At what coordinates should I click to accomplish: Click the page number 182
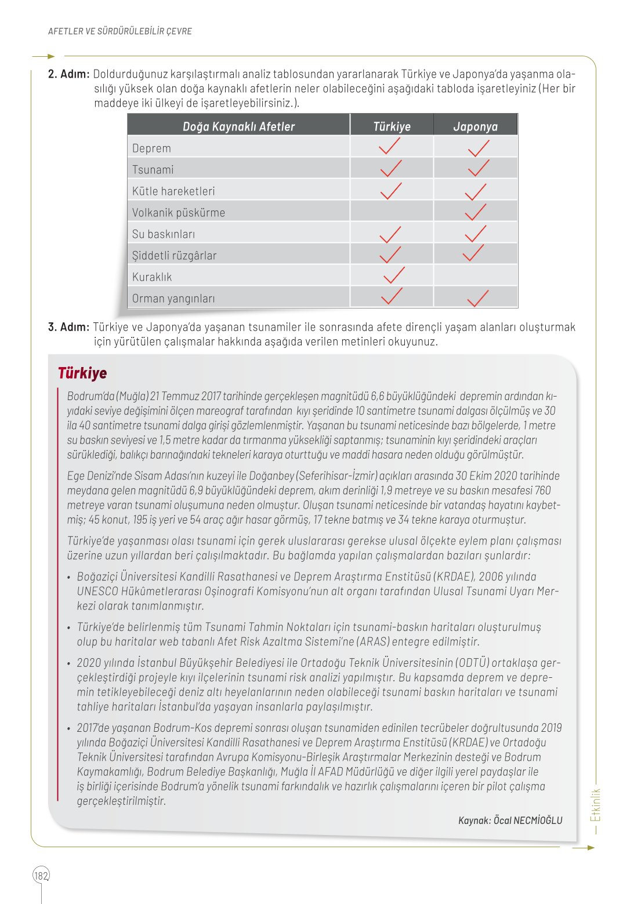point(41,876)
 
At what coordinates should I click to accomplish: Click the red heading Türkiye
point(82,373)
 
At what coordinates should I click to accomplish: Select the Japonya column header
point(475,126)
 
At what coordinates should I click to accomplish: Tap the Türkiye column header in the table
point(392,126)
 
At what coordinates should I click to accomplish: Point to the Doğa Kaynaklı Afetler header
point(238,126)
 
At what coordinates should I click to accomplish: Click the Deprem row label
point(151,148)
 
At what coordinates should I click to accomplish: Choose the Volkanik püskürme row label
point(178,213)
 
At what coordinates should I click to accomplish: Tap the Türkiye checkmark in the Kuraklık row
point(394,275)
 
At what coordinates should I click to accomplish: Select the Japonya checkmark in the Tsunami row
point(478,168)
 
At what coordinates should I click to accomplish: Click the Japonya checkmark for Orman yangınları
point(477,298)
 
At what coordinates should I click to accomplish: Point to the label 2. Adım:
point(68,74)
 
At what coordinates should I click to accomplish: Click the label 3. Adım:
point(68,327)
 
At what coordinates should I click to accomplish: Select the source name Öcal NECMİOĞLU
point(527,820)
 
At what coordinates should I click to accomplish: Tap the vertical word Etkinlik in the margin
point(596,805)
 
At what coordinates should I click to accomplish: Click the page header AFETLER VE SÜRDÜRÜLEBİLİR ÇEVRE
point(119,31)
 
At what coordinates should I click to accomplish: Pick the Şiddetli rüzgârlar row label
point(174,256)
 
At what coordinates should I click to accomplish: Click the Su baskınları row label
point(164,234)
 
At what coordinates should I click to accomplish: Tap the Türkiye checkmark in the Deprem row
point(389,146)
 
